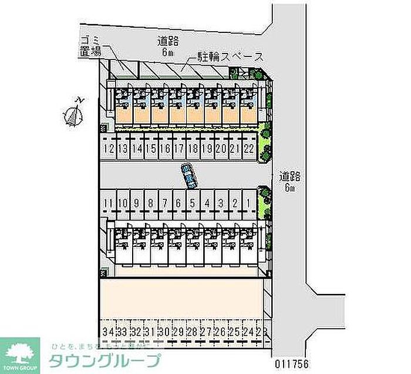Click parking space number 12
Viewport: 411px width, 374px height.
108,149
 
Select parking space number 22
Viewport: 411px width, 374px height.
249,149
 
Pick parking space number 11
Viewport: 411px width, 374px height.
107,203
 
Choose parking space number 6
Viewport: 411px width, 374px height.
178,203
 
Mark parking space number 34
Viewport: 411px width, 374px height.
107,332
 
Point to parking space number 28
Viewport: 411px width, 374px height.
193,332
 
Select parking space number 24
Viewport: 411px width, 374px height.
249,332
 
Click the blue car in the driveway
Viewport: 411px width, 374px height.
189,176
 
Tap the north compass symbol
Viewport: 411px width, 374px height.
73,114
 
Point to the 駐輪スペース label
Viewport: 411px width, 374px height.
226,58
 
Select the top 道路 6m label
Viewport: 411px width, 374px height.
167,46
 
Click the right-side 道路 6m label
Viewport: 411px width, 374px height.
289,181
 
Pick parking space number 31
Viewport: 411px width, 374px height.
150,332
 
